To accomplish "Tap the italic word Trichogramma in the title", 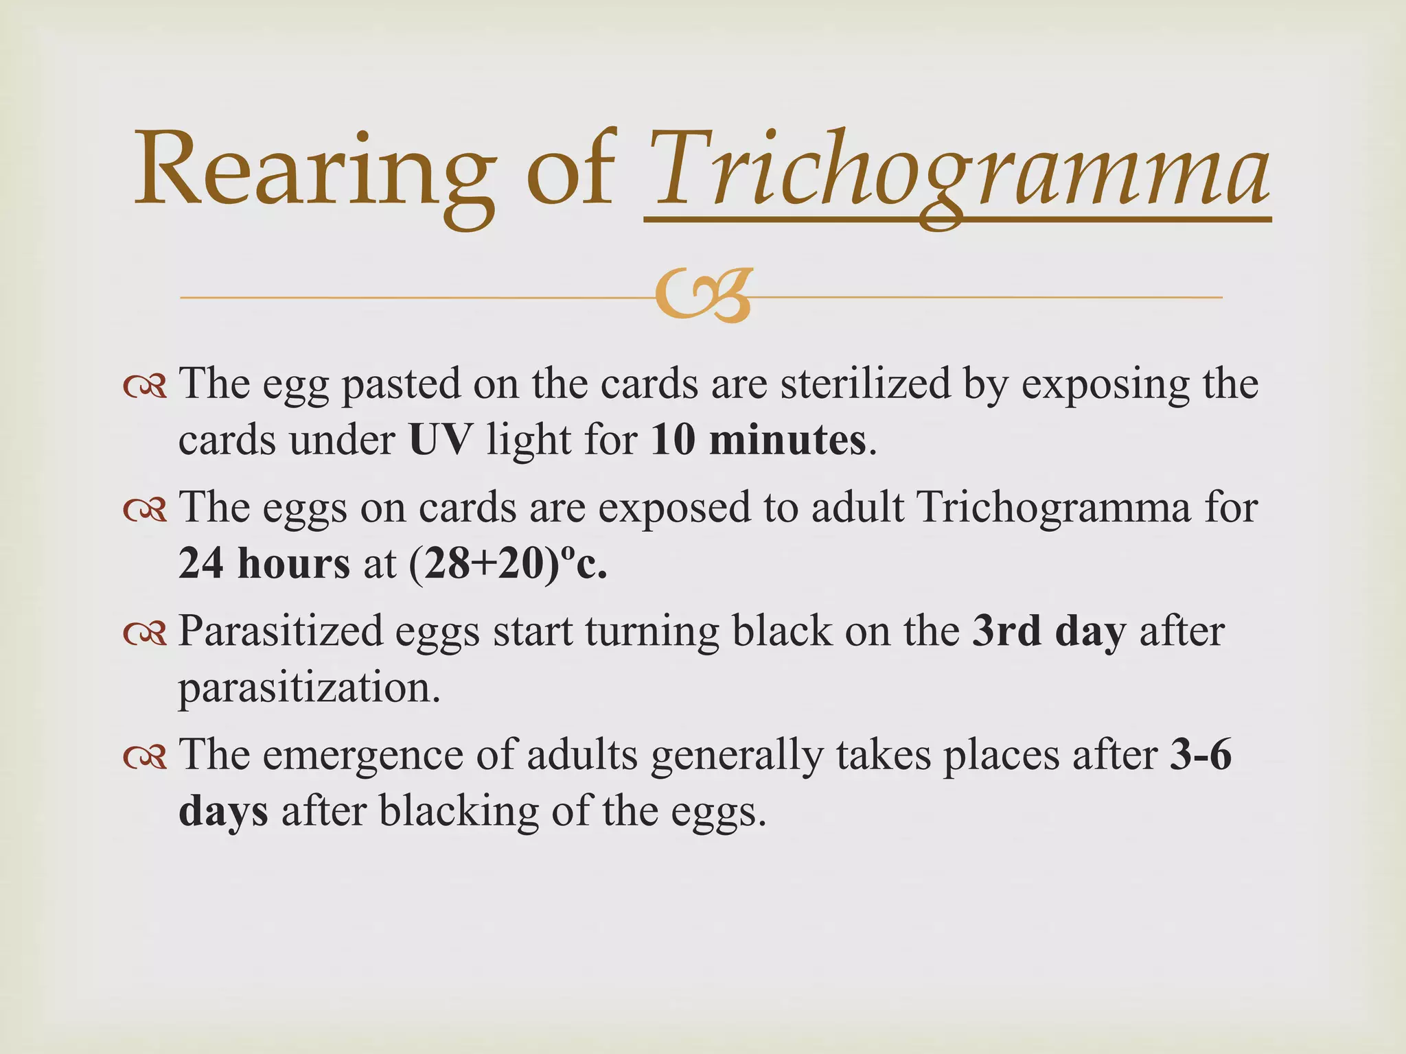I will click(x=957, y=172).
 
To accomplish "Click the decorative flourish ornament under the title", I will click(x=702, y=296).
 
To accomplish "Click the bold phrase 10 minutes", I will click(x=758, y=440).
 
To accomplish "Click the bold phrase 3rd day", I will click(x=1049, y=631).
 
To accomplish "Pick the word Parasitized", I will click(x=280, y=631).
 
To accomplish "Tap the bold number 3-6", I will click(x=1201, y=755).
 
